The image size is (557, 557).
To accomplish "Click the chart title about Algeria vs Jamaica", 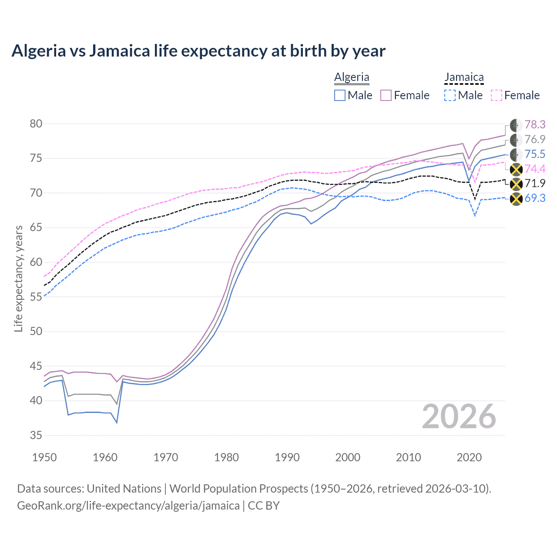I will pos(198,51).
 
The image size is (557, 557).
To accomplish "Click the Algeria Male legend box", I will pos(340,95).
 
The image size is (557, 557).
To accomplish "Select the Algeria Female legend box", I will pos(386,95).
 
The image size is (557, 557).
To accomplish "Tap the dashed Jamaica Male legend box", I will pos(450,95).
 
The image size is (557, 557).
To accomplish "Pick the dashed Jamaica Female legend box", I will pos(497,95).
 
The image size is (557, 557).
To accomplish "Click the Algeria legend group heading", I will pos(352,77).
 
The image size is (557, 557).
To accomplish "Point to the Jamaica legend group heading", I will pos(464,77).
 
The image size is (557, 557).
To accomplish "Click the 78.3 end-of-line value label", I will pos(535,125).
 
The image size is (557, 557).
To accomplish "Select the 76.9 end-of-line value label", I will pos(535,140).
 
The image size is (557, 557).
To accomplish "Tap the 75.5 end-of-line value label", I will pos(535,154).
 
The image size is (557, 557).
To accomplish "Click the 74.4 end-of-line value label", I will pos(535,169).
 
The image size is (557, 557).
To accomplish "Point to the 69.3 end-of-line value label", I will pos(535,198).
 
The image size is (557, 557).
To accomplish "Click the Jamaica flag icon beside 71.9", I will pos(516,184).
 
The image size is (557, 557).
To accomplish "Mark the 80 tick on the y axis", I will pos(36,124).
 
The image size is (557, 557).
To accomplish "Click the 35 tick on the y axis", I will pos(36,436).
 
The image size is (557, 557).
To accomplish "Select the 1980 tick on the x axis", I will pos(226,457).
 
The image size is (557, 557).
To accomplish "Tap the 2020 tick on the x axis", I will pos(469,457).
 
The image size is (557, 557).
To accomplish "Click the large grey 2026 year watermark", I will pos(459,416).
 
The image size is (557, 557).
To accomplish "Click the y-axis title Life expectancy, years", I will pos(19,278).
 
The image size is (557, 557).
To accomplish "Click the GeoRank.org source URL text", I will pos(128,506).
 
